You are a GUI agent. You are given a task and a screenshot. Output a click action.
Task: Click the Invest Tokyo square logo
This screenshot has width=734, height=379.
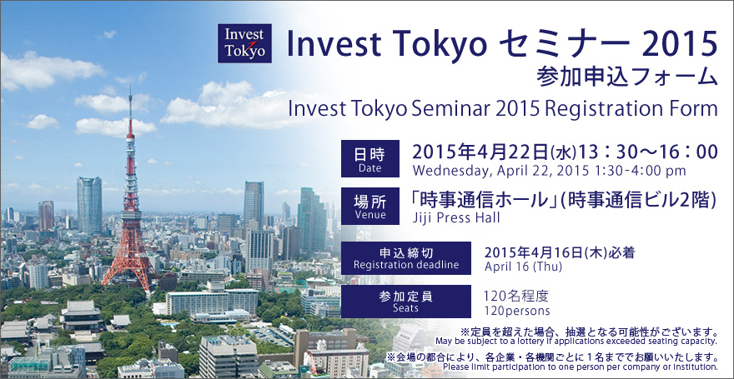pos(244,43)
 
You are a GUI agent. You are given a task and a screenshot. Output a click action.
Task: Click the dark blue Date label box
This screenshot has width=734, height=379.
pos(370,158)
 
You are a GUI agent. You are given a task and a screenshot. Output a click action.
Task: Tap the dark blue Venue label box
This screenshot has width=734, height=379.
pos(370,206)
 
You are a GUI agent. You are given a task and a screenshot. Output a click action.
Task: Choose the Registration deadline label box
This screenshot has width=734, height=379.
pos(406,258)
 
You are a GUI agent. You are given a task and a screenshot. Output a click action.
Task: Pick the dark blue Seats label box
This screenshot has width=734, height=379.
pos(406,302)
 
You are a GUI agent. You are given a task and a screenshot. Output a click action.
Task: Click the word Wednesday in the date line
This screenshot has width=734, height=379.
pos(450,171)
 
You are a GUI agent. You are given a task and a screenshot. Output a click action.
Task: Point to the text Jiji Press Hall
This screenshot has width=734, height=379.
pos(456,217)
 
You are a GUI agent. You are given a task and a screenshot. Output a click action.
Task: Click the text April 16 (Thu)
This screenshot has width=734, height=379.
pos(523,267)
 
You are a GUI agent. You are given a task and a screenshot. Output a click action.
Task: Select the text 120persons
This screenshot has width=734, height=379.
pos(517,311)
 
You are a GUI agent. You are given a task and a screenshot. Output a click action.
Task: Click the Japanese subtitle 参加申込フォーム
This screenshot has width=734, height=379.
pos(627,77)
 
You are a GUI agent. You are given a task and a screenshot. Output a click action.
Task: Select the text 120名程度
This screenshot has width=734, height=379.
pos(515,297)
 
